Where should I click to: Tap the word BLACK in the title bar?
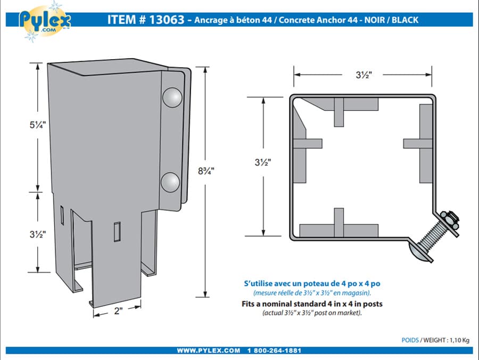404,20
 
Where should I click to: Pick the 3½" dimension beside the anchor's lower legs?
38,233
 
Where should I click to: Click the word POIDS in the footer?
410,339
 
